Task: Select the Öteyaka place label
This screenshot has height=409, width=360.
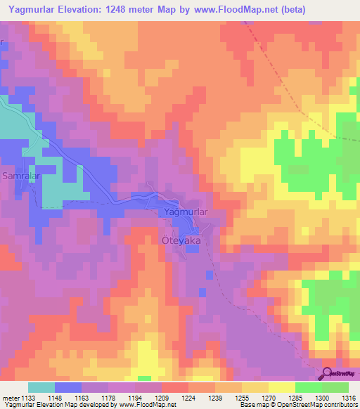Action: pos(177,240)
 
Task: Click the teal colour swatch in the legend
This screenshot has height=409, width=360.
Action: pos(41,388)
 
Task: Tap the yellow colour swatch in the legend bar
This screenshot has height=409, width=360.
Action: pos(281,388)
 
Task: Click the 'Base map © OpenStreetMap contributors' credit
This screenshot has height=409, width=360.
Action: pos(297,405)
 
